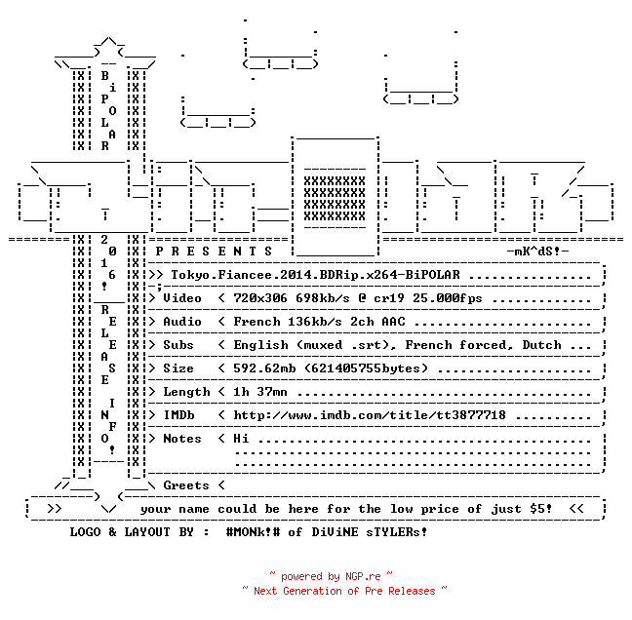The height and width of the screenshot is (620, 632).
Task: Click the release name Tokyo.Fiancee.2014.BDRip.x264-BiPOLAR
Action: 315,275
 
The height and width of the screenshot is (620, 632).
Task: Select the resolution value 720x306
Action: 260,298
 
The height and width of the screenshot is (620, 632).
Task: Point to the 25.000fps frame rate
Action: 447,298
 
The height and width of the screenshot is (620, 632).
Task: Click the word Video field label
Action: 182,298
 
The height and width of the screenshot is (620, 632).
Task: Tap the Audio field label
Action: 182,322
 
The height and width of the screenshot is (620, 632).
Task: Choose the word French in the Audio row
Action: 257,322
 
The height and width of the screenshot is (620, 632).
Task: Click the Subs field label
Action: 178,345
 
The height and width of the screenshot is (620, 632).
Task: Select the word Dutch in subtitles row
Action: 541,345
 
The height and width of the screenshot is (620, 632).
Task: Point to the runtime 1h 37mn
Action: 260,392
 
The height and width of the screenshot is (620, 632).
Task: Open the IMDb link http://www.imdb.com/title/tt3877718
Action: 370,415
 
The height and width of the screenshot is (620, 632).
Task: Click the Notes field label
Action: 182,439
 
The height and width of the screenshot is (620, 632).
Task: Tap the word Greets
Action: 186,485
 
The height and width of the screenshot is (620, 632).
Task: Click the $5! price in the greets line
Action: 541,509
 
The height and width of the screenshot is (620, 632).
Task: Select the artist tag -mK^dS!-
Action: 537,252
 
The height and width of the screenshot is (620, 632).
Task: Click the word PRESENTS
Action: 214,252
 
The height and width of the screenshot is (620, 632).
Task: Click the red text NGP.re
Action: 363,576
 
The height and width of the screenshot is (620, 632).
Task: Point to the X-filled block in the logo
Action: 335,198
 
